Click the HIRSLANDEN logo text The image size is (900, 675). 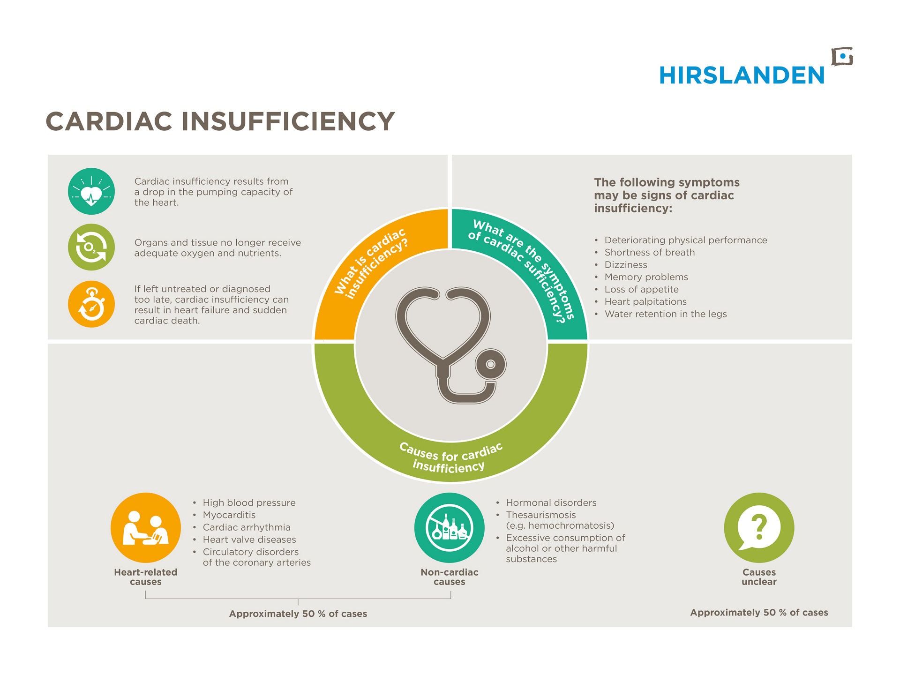(742, 75)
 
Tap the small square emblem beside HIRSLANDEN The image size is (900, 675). (842, 57)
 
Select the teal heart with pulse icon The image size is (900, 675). (91, 191)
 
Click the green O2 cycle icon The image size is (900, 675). (91, 247)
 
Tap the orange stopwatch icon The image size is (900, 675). (91, 304)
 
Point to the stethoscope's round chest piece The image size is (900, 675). (490, 364)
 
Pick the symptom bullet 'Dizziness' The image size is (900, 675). (626, 265)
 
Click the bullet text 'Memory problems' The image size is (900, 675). (646, 277)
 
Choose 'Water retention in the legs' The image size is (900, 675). (666, 314)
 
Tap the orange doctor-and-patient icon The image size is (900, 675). (146, 527)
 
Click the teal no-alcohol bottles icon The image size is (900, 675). (450, 527)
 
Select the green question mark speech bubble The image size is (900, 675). (759, 527)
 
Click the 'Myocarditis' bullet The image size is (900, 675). (229, 515)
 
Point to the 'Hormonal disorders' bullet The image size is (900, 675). (551, 502)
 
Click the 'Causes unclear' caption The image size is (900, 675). (759, 577)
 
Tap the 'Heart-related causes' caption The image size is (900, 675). (146, 577)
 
